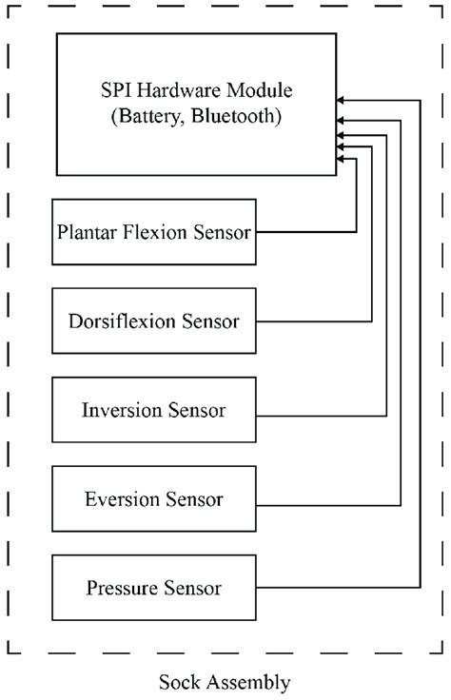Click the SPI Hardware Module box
click(x=195, y=105)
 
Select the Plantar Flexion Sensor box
click(x=154, y=231)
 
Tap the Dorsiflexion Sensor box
click(x=154, y=321)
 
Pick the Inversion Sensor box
click(x=154, y=410)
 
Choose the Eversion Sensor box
click(x=154, y=499)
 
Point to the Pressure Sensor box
click(x=154, y=589)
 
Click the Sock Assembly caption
click(x=225, y=682)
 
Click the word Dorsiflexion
click(x=123, y=321)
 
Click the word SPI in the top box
click(x=115, y=91)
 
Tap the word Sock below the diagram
click(x=178, y=682)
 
